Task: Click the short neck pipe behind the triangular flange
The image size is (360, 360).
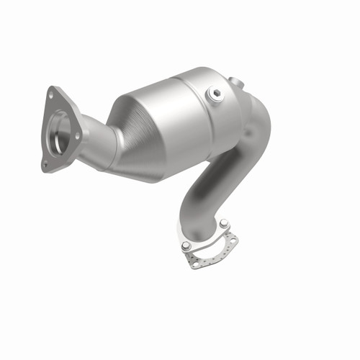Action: point(94,140)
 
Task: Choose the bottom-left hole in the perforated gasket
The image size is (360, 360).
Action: point(194,264)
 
